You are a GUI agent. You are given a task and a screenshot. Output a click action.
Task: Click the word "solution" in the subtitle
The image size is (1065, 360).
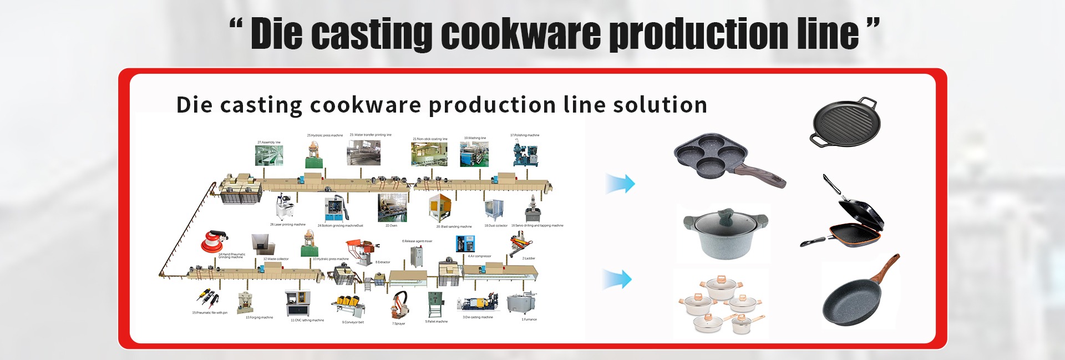(x=660, y=105)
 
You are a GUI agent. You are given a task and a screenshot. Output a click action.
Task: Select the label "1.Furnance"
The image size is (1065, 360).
(x=529, y=320)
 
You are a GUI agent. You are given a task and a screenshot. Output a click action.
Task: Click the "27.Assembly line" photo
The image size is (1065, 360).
(x=269, y=154)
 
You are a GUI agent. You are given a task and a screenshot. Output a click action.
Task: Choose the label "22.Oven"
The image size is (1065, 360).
(x=391, y=226)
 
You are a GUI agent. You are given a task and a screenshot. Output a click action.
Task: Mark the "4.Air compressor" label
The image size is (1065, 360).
(x=479, y=256)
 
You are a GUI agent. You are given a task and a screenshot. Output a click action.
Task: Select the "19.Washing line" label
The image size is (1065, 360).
(x=475, y=138)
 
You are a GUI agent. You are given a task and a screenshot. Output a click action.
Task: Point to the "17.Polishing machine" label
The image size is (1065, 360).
(x=525, y=135)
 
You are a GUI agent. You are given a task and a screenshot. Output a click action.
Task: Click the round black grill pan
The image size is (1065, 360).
(x=845, y=123)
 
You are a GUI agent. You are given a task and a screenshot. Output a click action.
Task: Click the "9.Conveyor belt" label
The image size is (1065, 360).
(x=353, y=322)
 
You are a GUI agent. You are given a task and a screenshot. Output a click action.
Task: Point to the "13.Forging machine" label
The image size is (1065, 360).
(x=259, y=317)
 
